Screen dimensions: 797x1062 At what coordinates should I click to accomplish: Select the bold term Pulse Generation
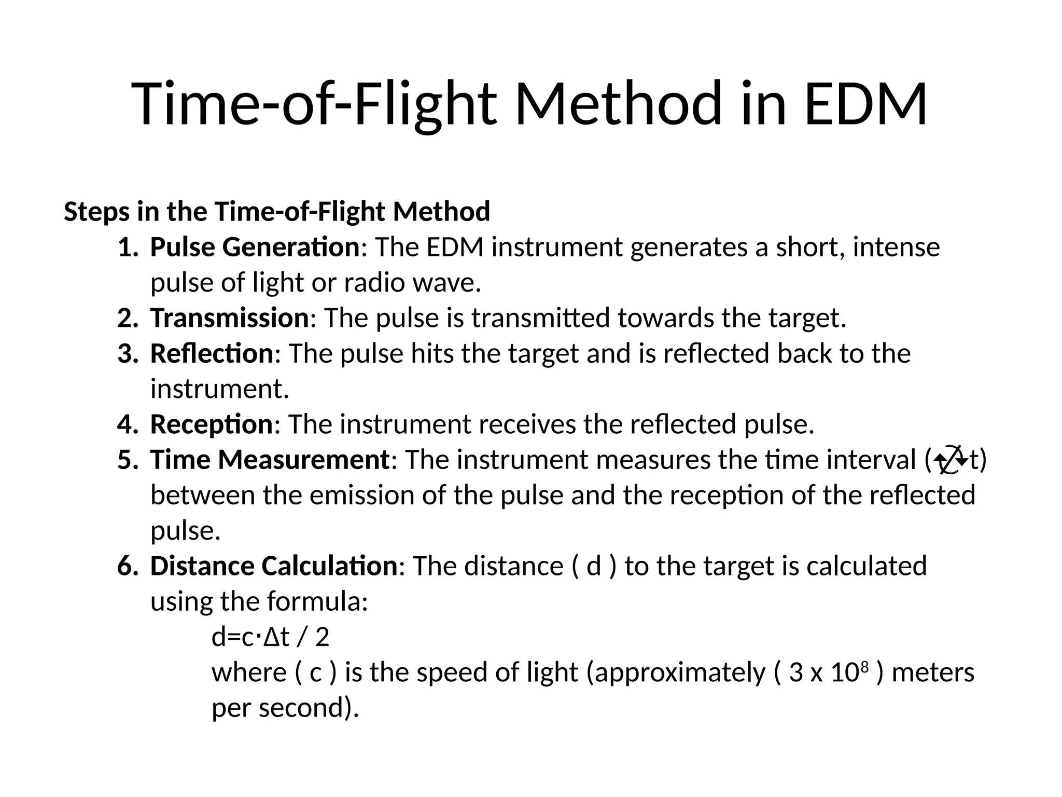click(x=255, y=247)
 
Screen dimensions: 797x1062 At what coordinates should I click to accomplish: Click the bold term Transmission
click(x=230, y=318)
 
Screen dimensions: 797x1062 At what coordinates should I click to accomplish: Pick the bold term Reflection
click(x=212, y=353)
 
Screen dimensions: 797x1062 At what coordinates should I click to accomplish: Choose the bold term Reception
click(x=212, y=424)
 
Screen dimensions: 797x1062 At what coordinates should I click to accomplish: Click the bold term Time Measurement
click(x=270, y=460)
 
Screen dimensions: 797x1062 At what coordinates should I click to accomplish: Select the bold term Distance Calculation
click(x=274, y=566)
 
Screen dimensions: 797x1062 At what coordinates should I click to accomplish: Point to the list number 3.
click(x=128, y=354)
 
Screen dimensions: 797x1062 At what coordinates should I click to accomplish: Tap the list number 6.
click(x=128, y=566)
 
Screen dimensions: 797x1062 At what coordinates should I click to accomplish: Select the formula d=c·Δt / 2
click(x=270, y=637)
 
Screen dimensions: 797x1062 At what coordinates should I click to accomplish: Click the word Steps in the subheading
click(x=96, y=212)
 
